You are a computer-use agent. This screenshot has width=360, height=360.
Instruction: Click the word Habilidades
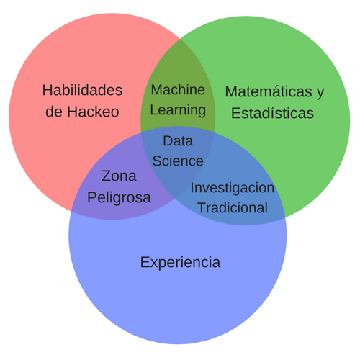82,90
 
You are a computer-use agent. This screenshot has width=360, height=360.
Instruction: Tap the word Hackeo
93,112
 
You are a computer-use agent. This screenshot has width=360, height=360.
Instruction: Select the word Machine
178,90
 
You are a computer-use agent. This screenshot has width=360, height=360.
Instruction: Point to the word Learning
178,110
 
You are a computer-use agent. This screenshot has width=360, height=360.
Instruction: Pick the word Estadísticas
272,113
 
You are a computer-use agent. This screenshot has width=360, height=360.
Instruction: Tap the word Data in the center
178,140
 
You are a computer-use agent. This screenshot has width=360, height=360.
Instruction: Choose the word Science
178,161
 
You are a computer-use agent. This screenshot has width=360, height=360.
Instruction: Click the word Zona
119,176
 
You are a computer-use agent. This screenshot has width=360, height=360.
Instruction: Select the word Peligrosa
119,198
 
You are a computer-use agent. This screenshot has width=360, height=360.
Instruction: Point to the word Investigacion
233,188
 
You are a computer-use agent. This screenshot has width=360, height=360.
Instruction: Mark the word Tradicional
233,207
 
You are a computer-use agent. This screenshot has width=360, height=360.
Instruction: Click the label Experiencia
180,262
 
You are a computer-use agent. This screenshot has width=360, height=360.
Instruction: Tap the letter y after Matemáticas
320,93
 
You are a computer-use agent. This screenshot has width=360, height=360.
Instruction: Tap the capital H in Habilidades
48,90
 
